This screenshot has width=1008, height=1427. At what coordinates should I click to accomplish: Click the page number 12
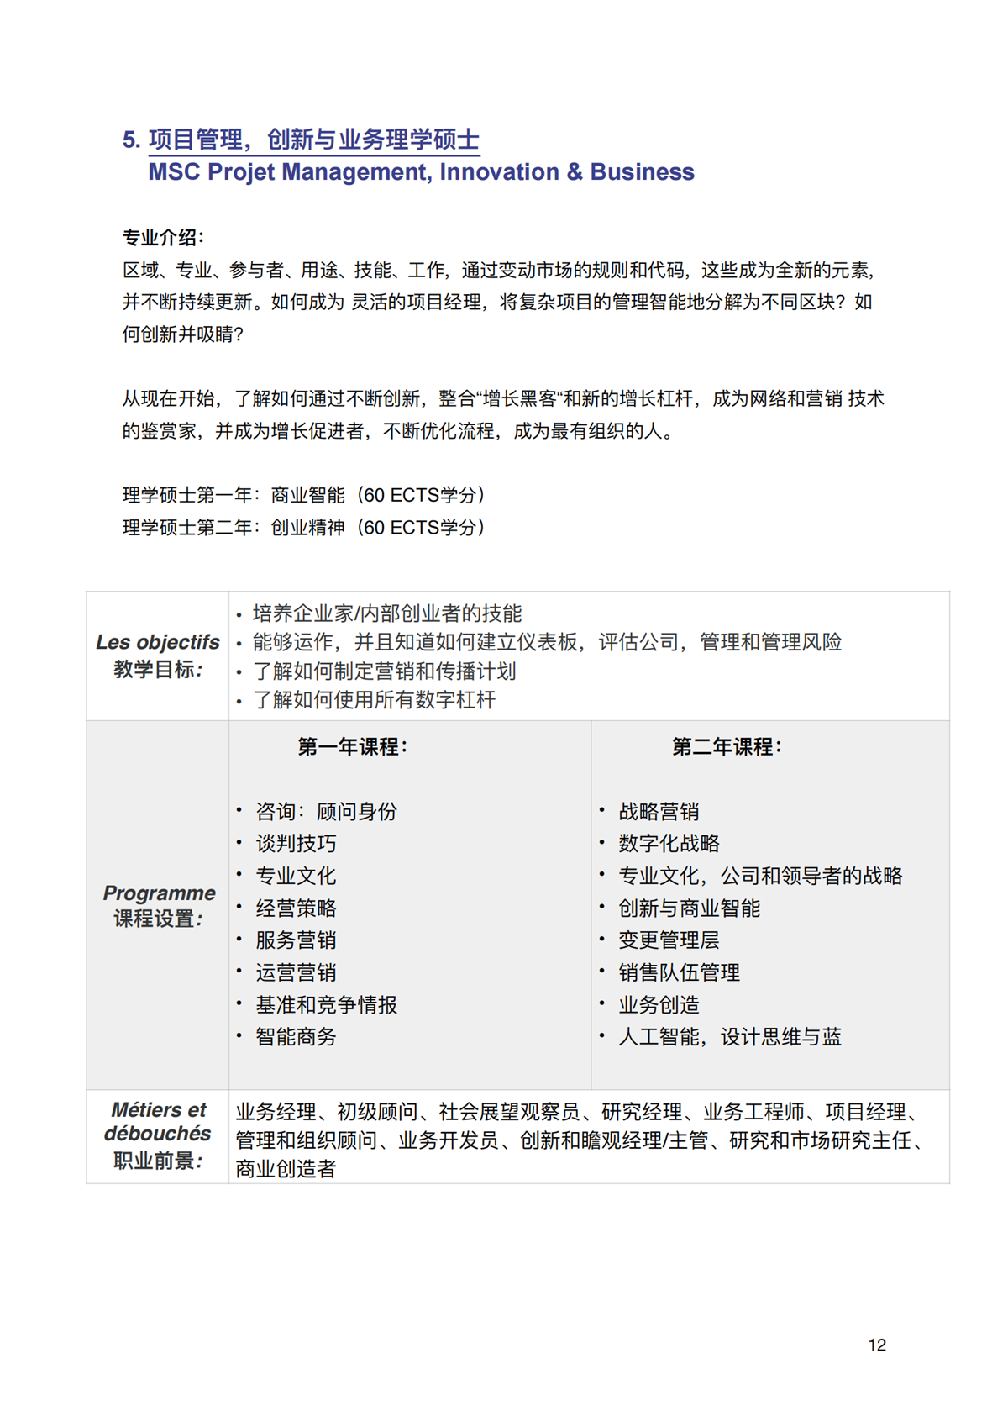pos(876,1345)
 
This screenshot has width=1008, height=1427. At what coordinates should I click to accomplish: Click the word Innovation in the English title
pos(499,172)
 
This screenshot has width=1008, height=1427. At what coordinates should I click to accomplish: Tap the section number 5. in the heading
pos(131,140)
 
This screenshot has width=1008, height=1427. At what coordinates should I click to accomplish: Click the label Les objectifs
pos(158,642)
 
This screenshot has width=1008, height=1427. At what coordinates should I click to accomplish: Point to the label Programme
pos(159,893)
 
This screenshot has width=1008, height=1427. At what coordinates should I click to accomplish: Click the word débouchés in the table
pos(158,1134)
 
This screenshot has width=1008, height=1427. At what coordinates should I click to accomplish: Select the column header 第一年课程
pos(352,746)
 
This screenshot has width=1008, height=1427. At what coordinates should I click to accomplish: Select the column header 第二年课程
pos(726,746)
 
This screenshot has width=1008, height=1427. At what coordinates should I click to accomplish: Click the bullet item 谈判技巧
pos(296,844)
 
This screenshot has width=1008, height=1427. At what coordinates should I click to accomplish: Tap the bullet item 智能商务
pos(296,1037)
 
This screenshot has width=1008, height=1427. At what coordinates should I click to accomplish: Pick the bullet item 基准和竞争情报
pos(326,1005)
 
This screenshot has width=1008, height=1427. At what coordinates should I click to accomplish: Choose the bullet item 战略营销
pos(659,812)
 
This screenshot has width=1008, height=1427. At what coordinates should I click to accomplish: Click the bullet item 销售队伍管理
pos(679,973)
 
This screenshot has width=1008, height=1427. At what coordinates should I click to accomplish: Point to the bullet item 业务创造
pos(659,1005)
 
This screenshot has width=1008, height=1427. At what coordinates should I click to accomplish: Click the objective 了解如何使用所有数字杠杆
pos(374,700)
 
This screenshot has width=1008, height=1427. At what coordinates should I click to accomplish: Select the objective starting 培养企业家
pos(386,613)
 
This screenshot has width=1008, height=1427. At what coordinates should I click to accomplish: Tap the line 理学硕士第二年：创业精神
pos(303,528)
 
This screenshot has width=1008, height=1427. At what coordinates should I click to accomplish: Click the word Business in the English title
pos(642,172)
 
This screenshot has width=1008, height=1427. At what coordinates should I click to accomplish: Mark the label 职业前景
pos(158,1161)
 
